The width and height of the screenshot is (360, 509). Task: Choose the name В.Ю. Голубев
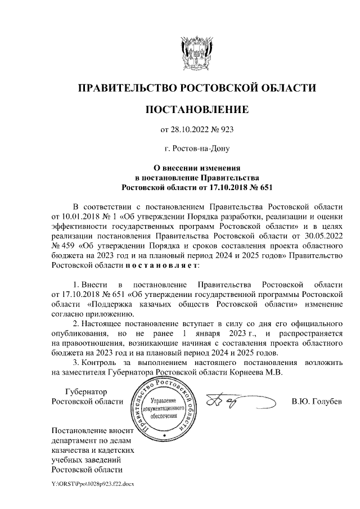pyautogui.click(x=317, y=402)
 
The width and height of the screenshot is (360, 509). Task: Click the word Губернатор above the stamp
pyautogui.click(x=86, y=391)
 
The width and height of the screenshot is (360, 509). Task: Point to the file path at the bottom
pyautogui.click(x=93, y=484)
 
